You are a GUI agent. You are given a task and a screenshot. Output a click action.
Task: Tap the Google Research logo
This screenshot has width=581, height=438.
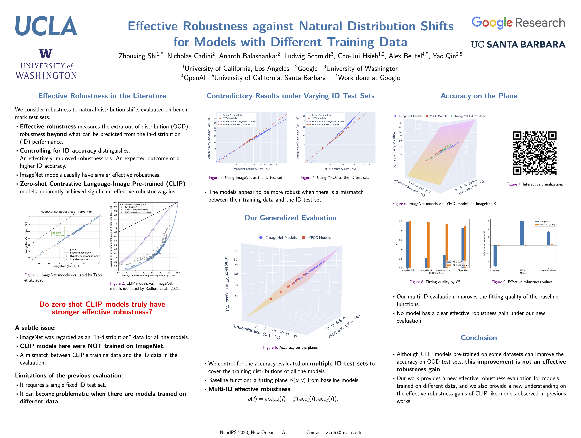click(518, 23)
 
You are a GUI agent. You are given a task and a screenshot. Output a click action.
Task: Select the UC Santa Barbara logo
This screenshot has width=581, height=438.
click(518, 45)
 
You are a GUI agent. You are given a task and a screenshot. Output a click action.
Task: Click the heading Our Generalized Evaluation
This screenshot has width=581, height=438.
click(290, 218)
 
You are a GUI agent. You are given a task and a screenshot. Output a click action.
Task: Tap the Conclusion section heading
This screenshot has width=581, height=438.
click(479, 338)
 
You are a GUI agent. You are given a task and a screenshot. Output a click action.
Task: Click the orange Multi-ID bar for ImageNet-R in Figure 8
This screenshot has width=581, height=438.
click(428, 245)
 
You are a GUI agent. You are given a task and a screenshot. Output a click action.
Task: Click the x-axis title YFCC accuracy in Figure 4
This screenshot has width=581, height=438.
click(340, 169)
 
